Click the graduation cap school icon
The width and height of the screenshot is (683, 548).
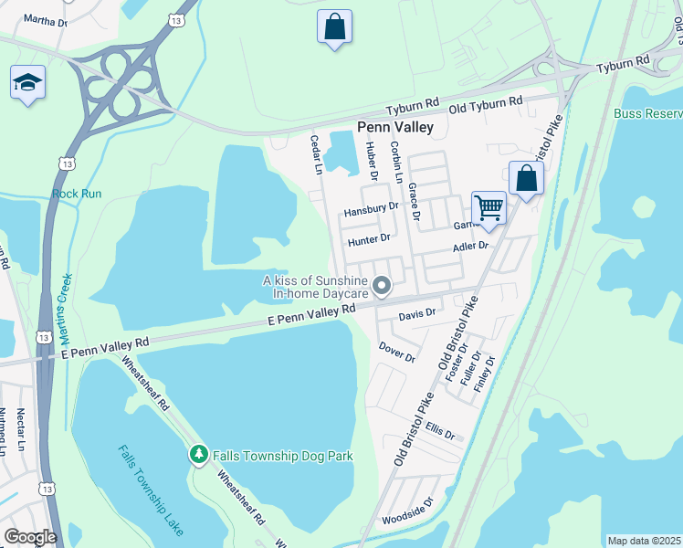(27, 84)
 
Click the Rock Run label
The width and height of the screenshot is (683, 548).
(77, 194)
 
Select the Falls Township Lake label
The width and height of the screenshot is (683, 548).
(151, 490)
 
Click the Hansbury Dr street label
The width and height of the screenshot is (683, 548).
(371, 210)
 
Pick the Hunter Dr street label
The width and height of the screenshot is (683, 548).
(369, 240)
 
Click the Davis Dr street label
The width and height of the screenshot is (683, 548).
(417, 313)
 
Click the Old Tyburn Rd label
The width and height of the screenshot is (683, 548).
(483, 101)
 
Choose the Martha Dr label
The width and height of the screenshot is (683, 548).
(45, 19)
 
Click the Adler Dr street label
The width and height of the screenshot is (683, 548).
(471, 247)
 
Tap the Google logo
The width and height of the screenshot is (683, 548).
(30, 537)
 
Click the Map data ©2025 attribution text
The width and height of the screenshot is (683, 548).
(645, 541)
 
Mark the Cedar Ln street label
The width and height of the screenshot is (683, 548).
(316, 154)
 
